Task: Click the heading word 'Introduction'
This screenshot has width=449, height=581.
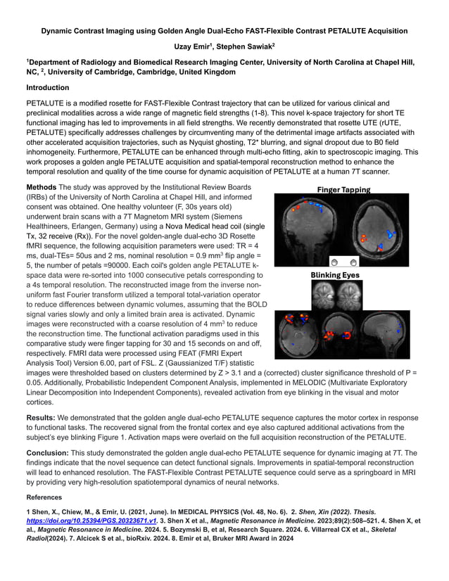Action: click(48, 88)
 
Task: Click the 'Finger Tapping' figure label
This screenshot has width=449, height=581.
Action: click(343, 189)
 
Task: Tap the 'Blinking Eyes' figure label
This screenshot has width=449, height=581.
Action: click(343, 275)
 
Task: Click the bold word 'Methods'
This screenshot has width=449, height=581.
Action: click(42, 188)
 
